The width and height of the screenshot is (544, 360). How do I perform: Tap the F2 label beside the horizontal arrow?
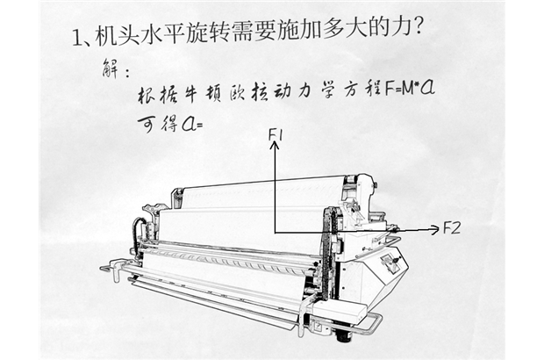[452, 227]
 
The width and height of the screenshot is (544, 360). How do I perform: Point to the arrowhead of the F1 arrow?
[275, 146]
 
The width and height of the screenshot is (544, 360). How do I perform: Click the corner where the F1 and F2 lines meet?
[275, 231]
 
